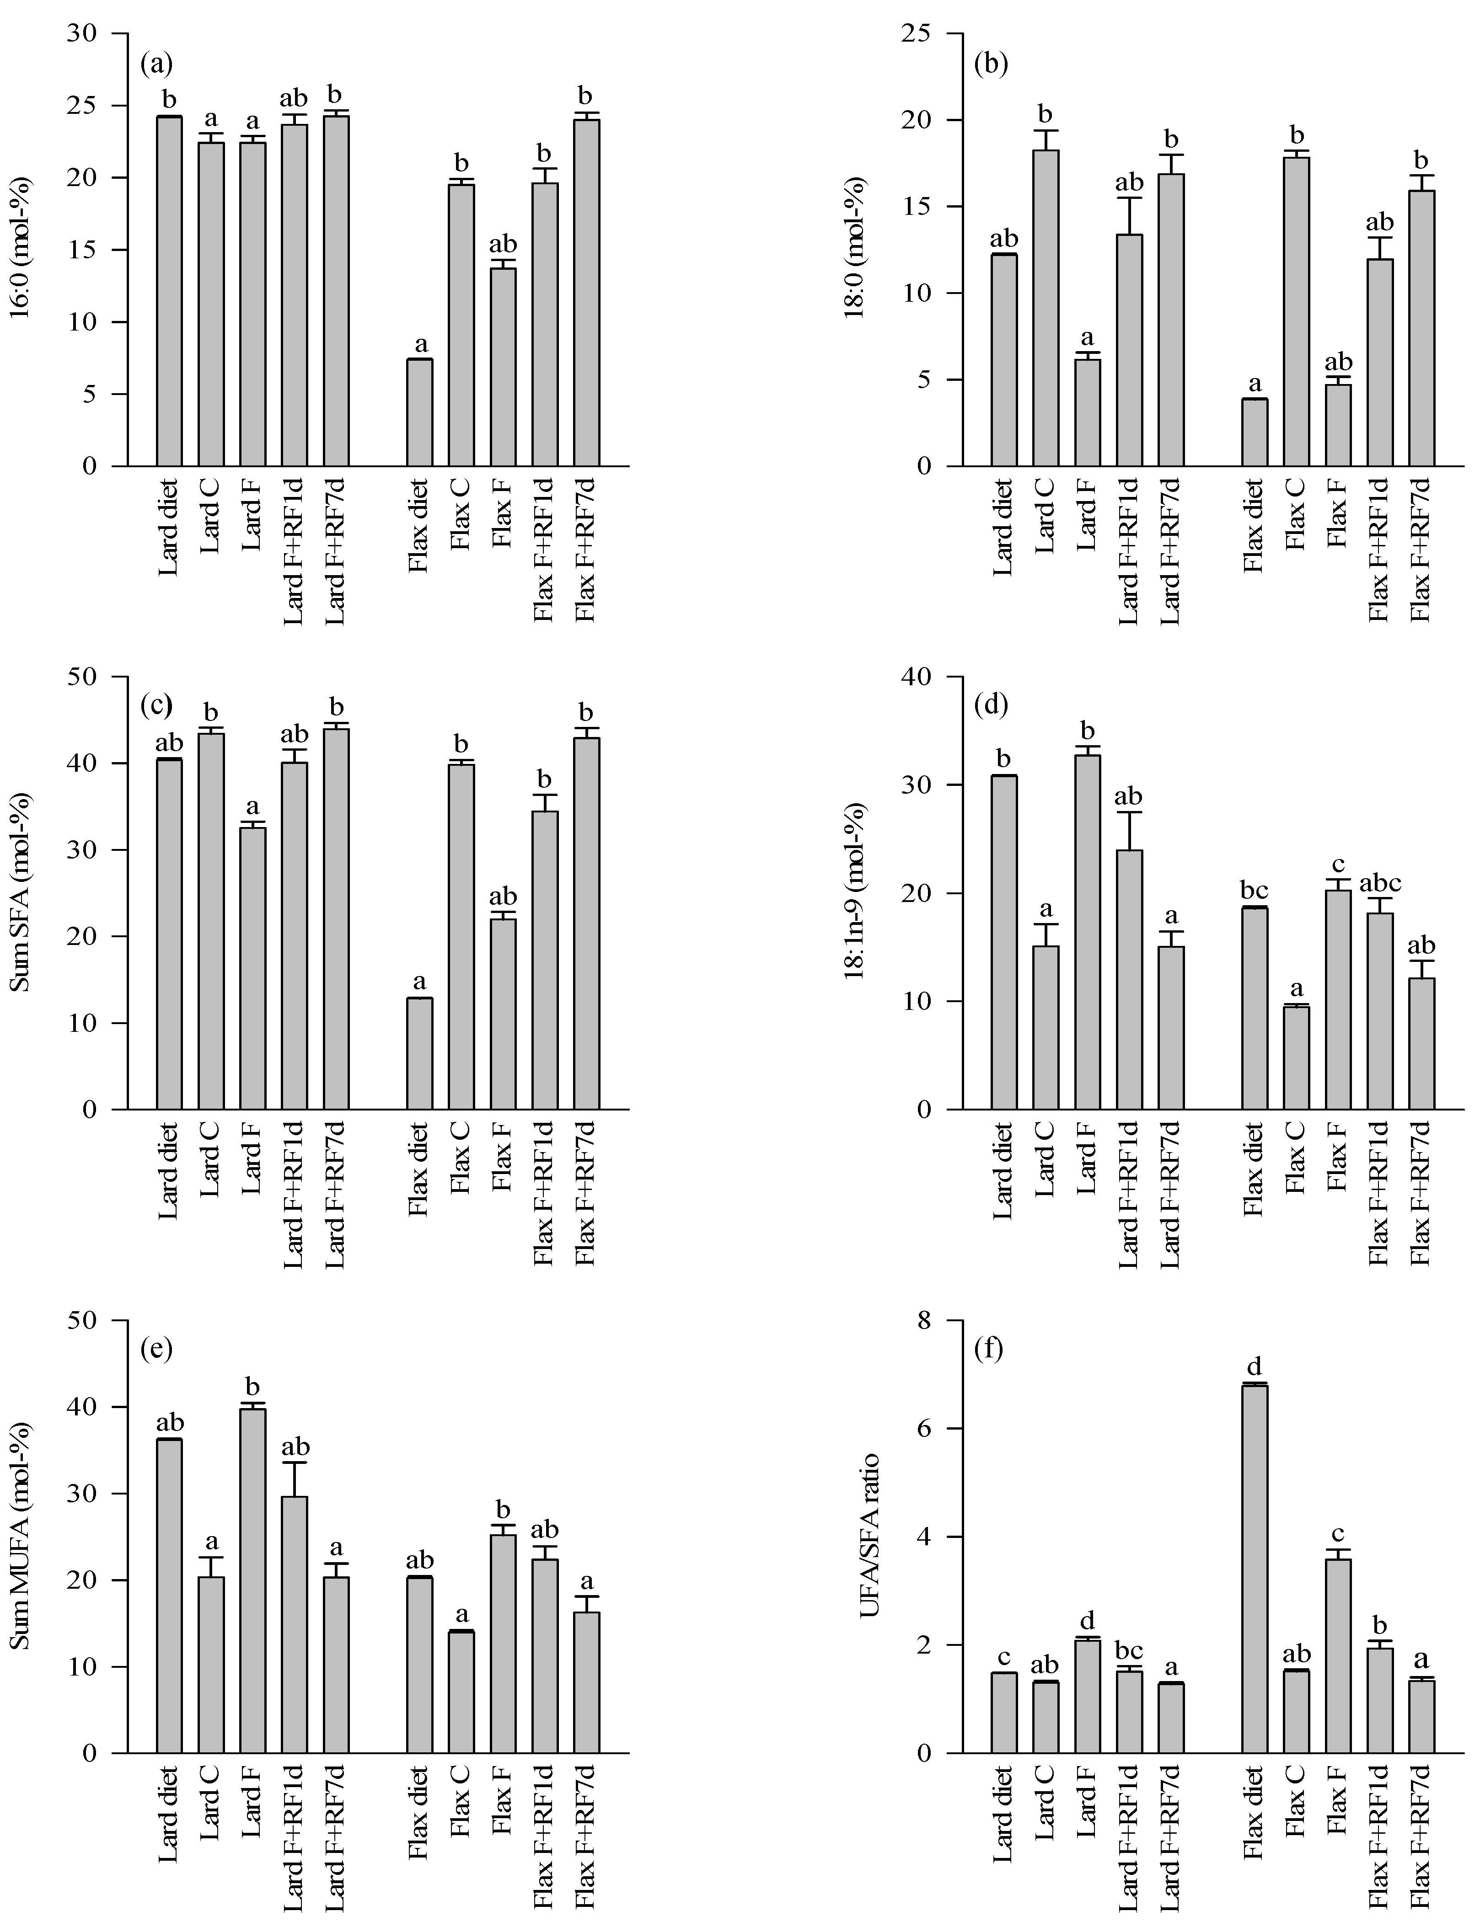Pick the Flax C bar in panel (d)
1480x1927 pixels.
point(1296,1057)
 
